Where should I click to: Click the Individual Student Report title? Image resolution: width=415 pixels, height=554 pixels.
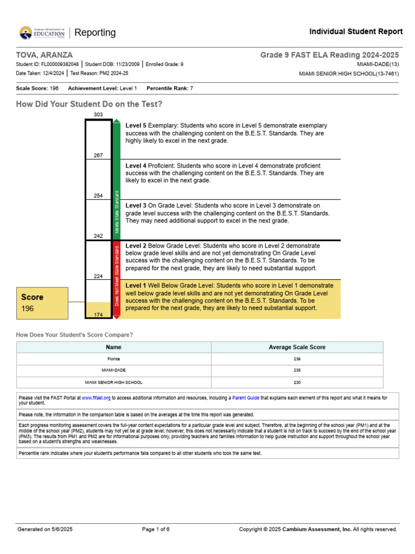click(x=356, y=32)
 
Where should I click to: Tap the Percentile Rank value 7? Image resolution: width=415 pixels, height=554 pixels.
click(x=191, y=88)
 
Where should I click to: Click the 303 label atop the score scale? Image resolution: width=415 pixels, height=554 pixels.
click(x=98, y=115)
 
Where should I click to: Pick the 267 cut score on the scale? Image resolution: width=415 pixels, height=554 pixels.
click(x=98, y=155)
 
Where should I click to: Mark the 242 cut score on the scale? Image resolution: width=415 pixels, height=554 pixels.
click(x=98, y=236)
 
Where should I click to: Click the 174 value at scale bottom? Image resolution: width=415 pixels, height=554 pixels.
click(x=98, y=314)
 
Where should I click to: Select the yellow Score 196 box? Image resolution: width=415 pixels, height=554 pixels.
click(x=42, y=302)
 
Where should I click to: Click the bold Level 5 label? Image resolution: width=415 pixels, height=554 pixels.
click(x=136, y=126)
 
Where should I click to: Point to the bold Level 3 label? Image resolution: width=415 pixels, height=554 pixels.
click(x=136, y=206)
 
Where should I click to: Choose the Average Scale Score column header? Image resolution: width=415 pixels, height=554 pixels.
click(x=297, y=347)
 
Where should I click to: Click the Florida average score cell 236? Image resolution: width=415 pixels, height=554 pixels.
click(x=297, y=359)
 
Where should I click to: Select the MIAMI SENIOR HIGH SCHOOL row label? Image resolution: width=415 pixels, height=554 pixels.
click(x=113, y=382)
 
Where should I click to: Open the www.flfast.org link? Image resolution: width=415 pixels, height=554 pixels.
click(x=96, y=398)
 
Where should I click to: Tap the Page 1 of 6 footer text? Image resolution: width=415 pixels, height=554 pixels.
click(x=156, y=529)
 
